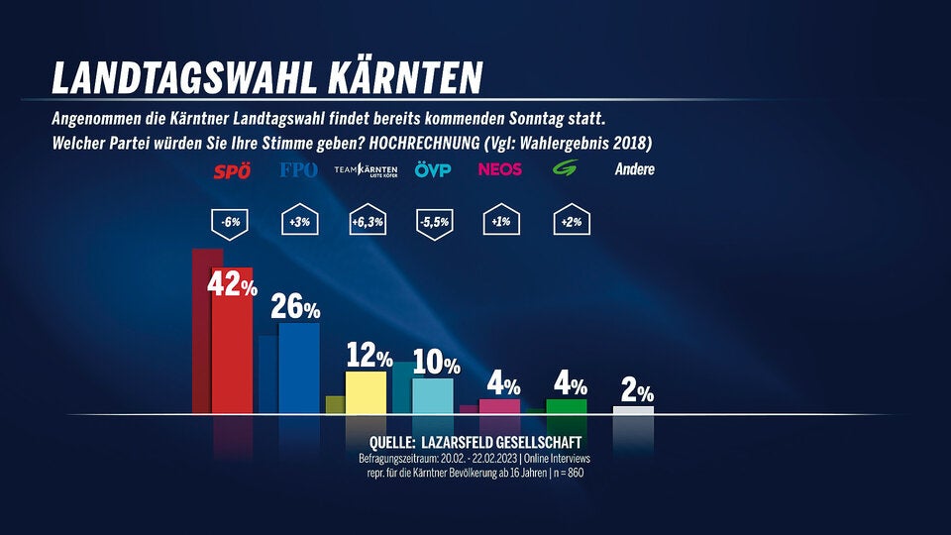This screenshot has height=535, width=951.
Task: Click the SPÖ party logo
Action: tap(233, 171)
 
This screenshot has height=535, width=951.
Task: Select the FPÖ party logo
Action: tap(299, 170)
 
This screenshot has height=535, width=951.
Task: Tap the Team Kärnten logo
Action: tap(366, 170)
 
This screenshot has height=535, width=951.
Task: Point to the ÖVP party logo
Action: tap(433, 170)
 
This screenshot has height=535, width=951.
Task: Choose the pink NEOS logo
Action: tap(499, 169)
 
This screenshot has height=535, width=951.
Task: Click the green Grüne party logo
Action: tap(566, 169)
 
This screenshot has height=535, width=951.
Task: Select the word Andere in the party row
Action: tap(634, 169)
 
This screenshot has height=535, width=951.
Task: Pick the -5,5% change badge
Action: tap(433, 223)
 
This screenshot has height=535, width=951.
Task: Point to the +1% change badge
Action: tap(499, 223)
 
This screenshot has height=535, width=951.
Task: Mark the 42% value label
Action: tap(232, 285)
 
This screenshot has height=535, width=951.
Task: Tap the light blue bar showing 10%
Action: tap(433, 395)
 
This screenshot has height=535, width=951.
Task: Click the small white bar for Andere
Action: tap(633, 409)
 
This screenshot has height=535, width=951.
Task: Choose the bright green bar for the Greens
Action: tap(567, 406)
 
